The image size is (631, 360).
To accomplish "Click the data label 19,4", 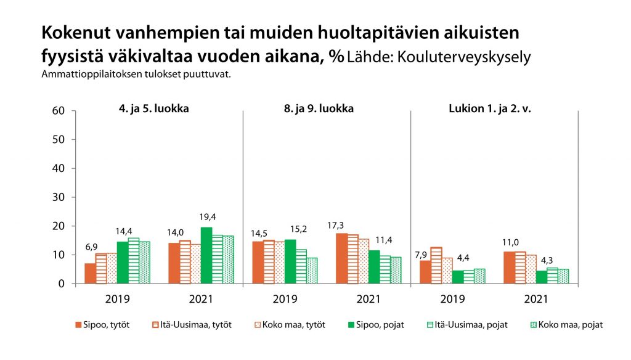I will [x=206, y=216].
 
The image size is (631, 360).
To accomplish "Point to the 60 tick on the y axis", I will [x=59, y=111].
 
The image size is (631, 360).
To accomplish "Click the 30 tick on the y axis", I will [x=59, y=197].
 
